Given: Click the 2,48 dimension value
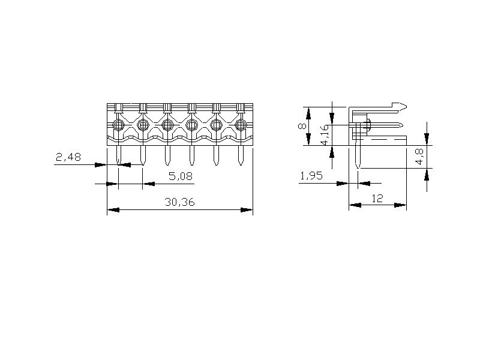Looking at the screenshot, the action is [68, 157].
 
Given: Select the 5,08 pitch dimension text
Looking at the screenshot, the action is [181, 176].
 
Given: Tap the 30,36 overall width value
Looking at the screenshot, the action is [179, 202].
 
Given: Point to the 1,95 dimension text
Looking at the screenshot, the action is [311, 176].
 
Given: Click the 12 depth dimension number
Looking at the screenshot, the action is [377, 199].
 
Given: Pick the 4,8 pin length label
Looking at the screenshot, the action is [419, 157].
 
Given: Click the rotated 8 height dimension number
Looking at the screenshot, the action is [302, 126].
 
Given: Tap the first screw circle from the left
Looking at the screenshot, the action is [118, 125].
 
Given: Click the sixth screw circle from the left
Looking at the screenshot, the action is [241, 125].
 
